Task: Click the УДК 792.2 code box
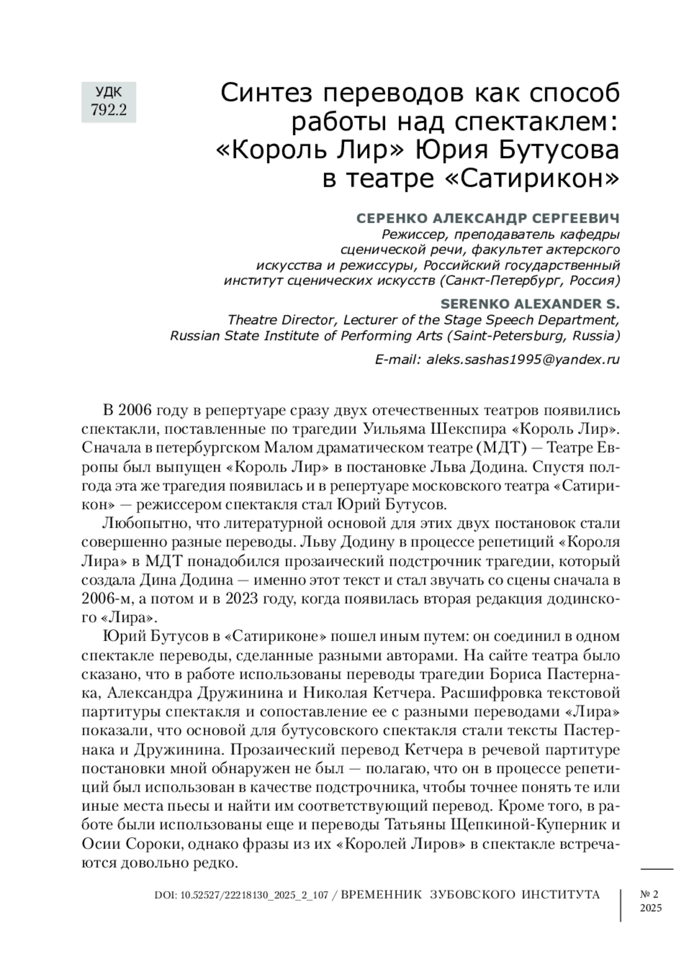point(109,101)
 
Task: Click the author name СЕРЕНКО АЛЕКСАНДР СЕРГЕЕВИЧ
point(488,219)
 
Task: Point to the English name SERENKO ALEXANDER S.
point(530,304)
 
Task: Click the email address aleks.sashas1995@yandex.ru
point(523,359)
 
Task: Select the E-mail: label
point(398,359)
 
